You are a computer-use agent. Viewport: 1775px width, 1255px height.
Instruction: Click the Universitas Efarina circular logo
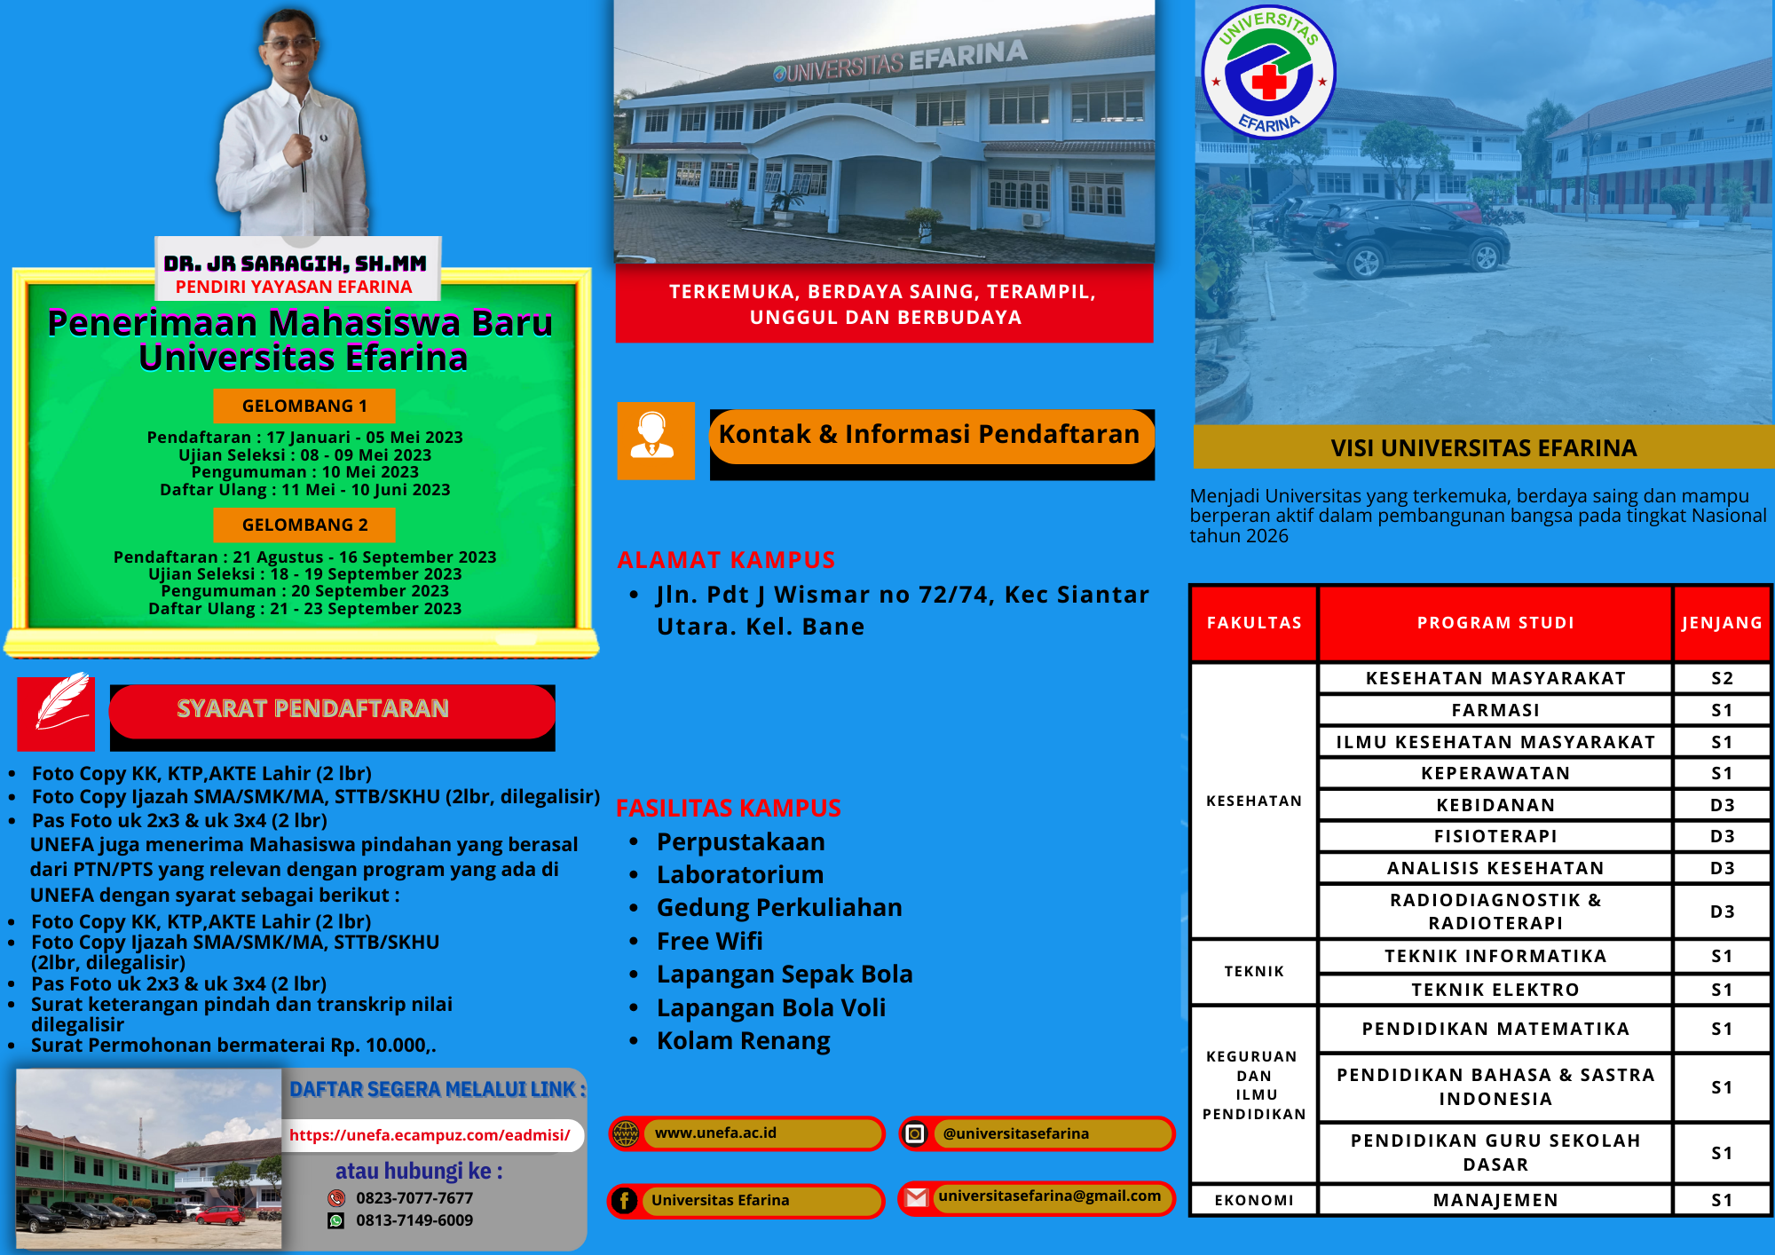pyautogui.click(x=1268, y=72)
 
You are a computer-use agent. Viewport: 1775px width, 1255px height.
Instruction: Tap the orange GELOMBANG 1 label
pyautogui.click(x=304, y=406)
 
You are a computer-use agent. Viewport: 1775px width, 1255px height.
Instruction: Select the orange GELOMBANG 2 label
pyautogui.click(x=304, y=525)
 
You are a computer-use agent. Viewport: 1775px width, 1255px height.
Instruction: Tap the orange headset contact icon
pyautogui.click(x=656, y=441)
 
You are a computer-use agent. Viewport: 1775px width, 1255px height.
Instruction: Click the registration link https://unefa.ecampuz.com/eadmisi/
pyautogui.click(x=430, y=1135)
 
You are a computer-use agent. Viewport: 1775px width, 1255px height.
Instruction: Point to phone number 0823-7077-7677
pyautogui.click(x=414, y=1198)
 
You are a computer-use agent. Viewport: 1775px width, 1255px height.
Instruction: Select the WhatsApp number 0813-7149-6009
pyautogui.click(x=414, y=1220)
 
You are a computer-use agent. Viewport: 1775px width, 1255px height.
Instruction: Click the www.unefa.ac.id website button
pyautogui.click(x=746, y=1133)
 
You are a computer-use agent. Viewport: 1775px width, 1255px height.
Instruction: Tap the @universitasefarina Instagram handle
pyautogui.click(x=1016, y=1133)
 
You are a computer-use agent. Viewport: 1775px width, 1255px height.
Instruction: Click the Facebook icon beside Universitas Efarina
pyautogui.click(x=624, y=1201)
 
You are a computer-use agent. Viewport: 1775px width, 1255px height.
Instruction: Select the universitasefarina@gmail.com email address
pyautogui.click(x=1049, y=1196)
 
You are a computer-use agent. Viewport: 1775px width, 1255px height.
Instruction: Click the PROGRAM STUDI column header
pyautogui.click(x=1495, y=623)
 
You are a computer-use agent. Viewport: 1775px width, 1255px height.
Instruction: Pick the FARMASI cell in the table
pyautogui.click(x=1495, y=710)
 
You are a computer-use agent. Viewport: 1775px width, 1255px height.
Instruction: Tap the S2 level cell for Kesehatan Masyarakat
pyautogui.click(x=1722, y=678)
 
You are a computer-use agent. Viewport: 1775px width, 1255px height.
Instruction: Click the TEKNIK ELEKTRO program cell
pyautogui.click(x=1495, y=990)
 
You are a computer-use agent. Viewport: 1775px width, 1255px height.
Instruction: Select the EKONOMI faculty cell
pyautogui.click(x=1254, y=1200)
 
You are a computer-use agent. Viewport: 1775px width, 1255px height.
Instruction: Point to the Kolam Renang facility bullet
pyautogui.click(x=743, y=1040)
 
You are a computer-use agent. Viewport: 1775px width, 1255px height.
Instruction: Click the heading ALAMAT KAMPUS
pyautogui.click(x=726, y=560)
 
